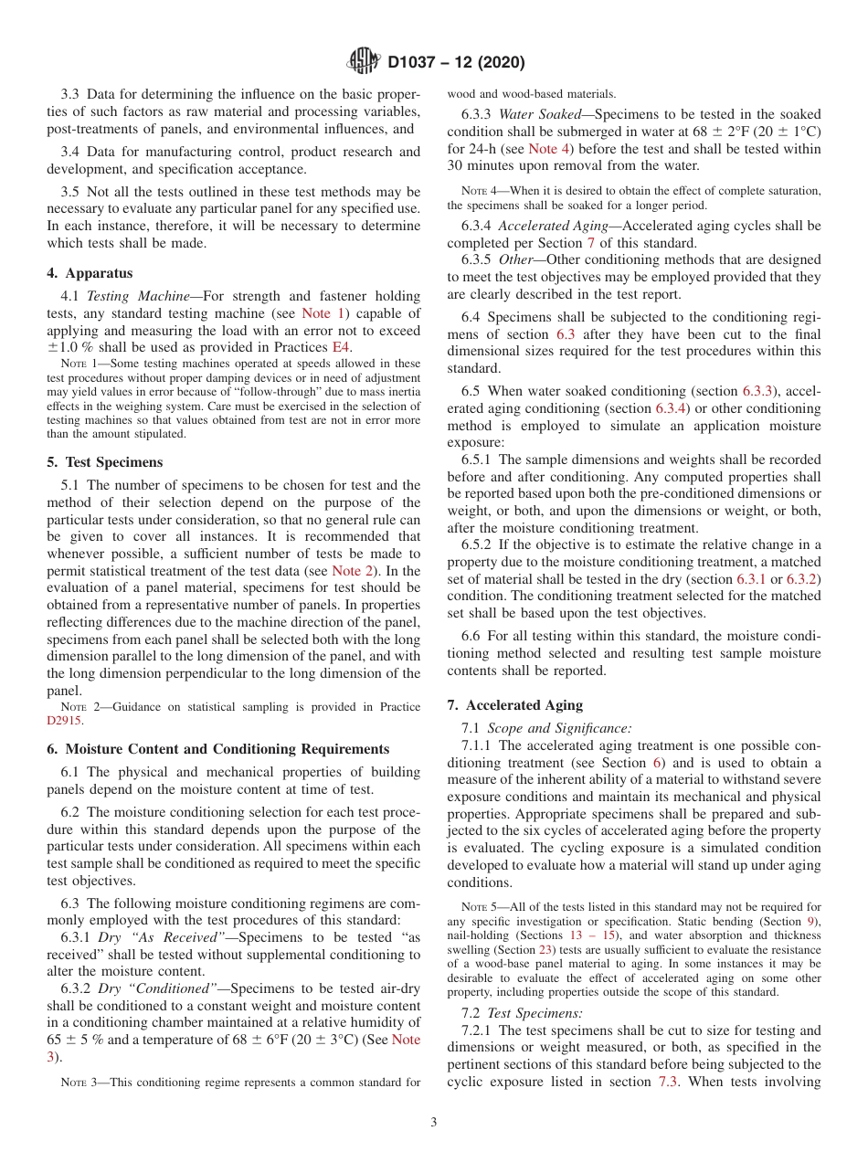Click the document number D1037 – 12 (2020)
click(456, 63)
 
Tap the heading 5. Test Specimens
click(105, 462)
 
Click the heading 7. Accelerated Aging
click(514, 705)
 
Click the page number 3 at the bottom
click(434, 1123)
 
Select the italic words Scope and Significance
click(558, 728)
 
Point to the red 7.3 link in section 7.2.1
click(668, 1082)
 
